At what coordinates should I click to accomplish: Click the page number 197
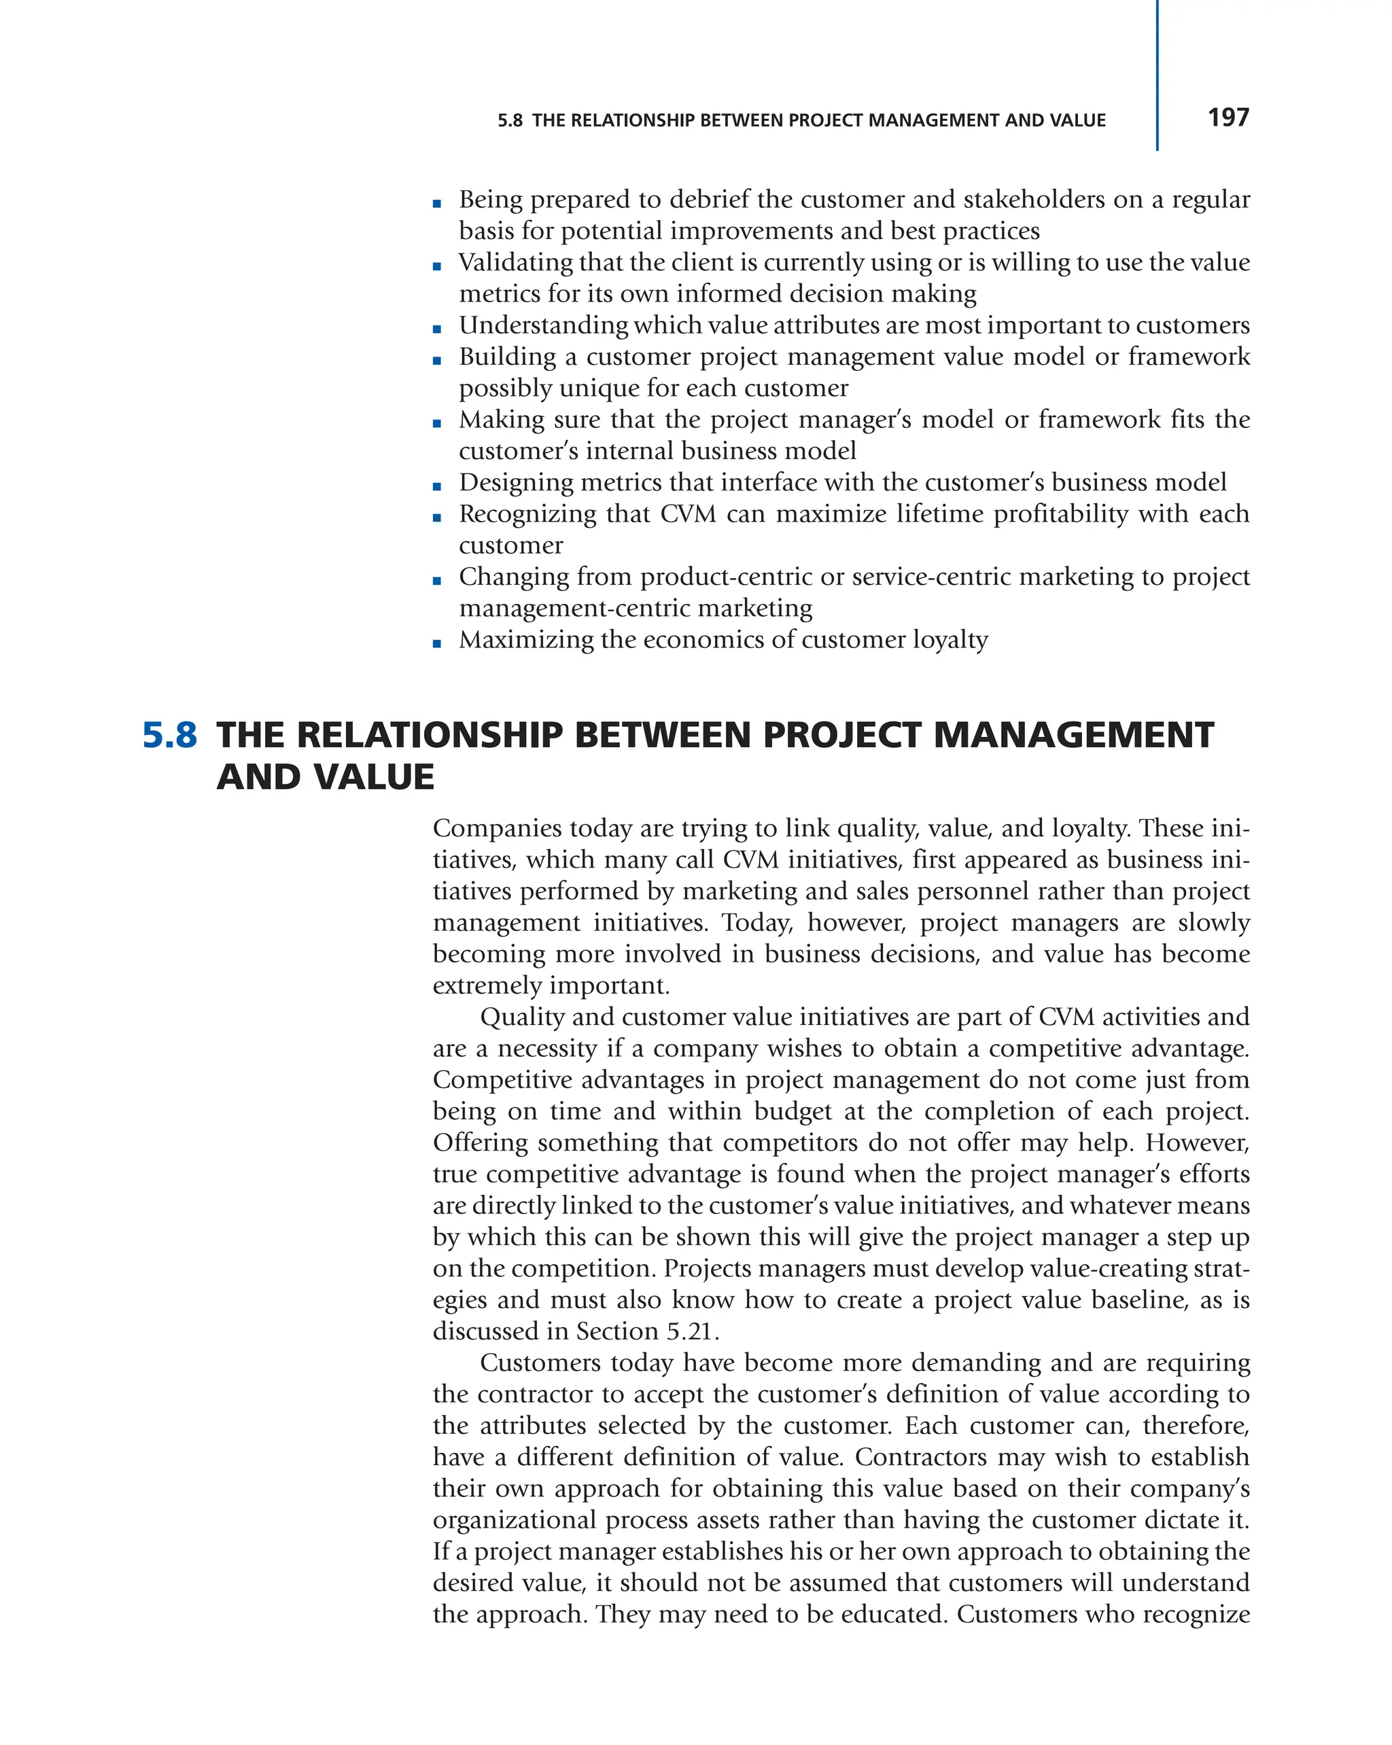pos(1228,118)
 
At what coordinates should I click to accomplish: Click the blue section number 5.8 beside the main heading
pos(169,735)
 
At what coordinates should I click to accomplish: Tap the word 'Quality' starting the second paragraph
pos(521,1017)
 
